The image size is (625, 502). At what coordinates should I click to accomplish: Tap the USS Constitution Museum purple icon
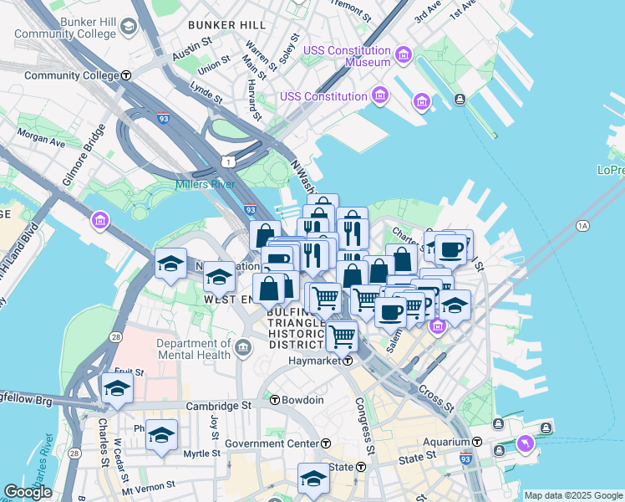click(x=404, y=56)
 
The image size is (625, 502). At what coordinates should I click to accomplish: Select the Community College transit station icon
click(x=125, y=75)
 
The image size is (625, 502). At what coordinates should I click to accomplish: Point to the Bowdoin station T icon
click(x=274, y=400)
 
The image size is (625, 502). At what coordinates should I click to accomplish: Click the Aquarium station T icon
click(x=477, y=441)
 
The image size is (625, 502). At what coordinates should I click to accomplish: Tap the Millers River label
click(x=205, y=184)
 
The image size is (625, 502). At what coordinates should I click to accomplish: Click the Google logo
click(x=28, y=492)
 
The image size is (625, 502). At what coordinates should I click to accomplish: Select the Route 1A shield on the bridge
click(x=582, y=226)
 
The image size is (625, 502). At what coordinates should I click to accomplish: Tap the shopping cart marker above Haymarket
click(x=342, y=336)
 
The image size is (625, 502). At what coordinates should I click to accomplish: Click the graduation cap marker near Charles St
click(x=117, y=387)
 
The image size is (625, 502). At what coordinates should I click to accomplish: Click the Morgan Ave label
click(x=42, y=139)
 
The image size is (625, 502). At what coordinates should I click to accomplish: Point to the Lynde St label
click(x=206, y=91)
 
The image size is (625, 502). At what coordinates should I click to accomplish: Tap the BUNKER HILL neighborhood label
click(x=226, y=25)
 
